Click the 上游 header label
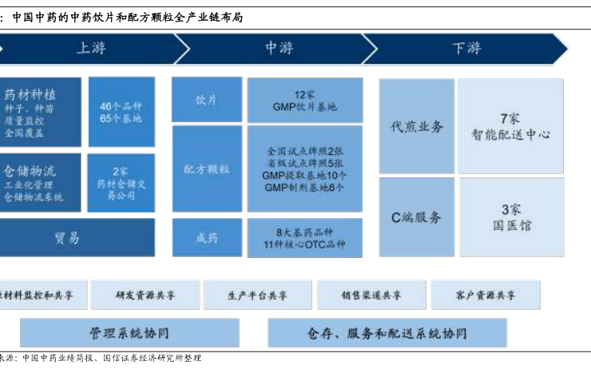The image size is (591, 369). click(90, 49)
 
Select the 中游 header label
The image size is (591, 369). click(279, 49)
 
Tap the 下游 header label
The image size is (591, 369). click(466, 49)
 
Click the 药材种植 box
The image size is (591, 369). click(40, 112)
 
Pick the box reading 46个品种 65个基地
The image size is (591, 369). click(121, 112)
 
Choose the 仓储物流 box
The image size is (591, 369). click(40, 183)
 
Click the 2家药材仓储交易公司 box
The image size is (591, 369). click(121, 183)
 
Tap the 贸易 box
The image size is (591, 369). click(77, 237)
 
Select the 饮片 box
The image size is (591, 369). click(207, 100)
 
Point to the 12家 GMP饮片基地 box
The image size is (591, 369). click(304, 100)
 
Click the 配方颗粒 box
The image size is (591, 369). click(207, 169)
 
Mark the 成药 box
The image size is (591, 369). click(207, 237)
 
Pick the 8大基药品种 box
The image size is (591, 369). click(304, 237)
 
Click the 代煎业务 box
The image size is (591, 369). click(416, 126)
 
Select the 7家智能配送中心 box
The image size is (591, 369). click(510, 126)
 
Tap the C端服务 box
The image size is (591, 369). click(416, 216)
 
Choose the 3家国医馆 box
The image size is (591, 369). click(510, 216)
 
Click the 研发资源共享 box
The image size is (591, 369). click(145, 296)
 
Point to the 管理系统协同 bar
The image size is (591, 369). click(129, 333)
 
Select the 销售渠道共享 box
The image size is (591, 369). click(371, 296)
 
